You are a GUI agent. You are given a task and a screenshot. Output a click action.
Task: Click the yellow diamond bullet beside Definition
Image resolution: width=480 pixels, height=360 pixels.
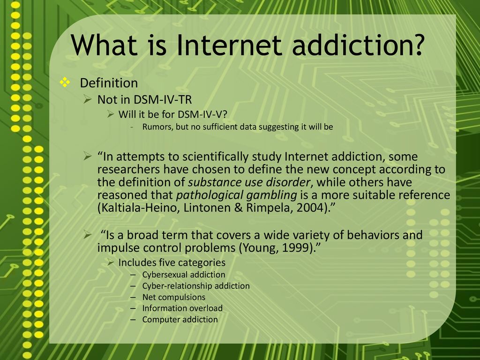pos(65,82)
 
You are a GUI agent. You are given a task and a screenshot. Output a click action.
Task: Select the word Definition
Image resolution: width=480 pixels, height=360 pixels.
pos(109,83)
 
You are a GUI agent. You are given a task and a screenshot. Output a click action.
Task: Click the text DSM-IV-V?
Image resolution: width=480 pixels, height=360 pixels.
pos(202,114)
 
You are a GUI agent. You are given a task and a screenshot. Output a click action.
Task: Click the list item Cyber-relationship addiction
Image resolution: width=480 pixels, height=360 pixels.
pos(196,286)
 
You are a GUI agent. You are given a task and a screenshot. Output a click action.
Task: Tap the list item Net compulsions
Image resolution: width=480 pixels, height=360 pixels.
pos(174,297)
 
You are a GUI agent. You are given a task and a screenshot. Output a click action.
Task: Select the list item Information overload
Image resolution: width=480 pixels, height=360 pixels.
pos(182,308)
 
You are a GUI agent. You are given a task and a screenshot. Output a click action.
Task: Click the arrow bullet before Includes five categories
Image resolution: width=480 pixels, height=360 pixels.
pos(111,262)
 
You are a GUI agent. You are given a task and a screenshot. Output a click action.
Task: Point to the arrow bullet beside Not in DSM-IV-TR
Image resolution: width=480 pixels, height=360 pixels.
pos(88,99)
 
